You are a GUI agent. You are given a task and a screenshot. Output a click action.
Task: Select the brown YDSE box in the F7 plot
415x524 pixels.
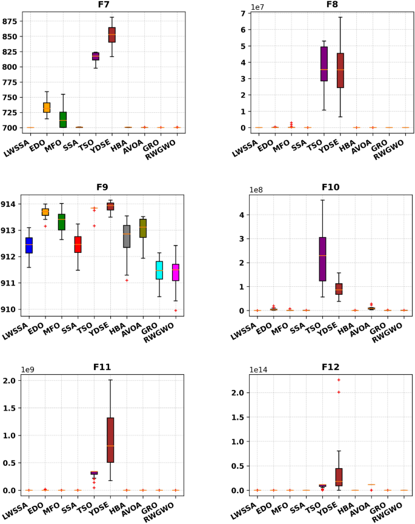(x=111, y=35)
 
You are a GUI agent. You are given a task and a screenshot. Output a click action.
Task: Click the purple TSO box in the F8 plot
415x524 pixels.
(x=324, y=64)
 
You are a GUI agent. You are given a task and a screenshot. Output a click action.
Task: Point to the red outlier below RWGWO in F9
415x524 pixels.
(x=176, y=311)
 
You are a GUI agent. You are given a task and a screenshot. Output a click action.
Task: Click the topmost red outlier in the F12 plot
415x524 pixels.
(x=339, y=380)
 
